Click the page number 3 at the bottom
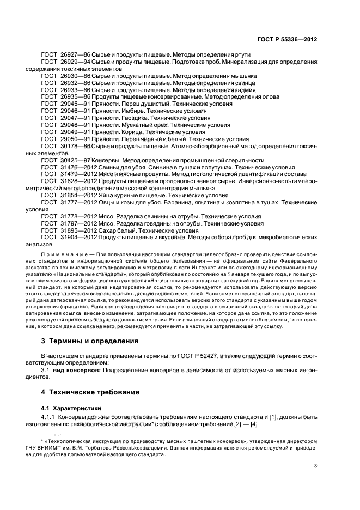(316, 466)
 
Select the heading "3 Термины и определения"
(90, 342)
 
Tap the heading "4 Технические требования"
(91, 392)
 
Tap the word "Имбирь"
(132, 111)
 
